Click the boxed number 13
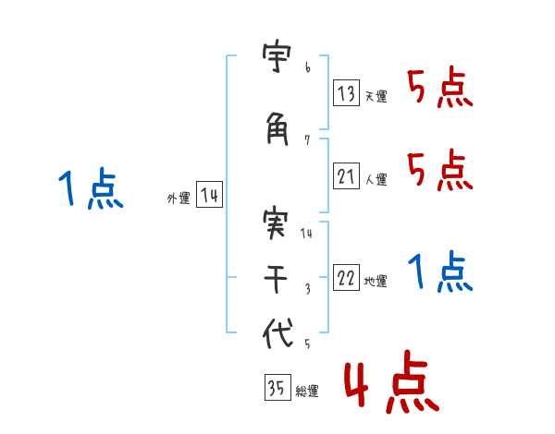[x=347, y=92]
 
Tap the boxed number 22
[x=347, y=279]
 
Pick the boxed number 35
[x=277, y=389]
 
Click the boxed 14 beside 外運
[x=209, y=196]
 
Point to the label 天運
[x=376, y=96]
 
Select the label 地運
[x=376, y=282]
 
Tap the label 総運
[x=306, y=392]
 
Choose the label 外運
[x=178, y=199]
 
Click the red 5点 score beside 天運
[x=439, y=89]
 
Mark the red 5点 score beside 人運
[x=439, y=171]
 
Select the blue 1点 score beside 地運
[x=439, y=272]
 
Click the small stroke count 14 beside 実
[x=307, y=234]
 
